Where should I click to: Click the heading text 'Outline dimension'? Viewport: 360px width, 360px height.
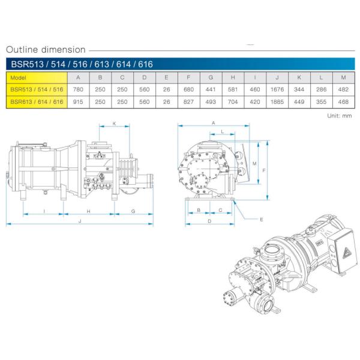tap(45, 50)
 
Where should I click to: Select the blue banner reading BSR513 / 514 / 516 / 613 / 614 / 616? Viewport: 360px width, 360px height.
tap(74, 64)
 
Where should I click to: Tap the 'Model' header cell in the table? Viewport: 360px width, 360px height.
tap(19, 77)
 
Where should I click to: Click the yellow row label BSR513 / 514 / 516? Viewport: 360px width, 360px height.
tap(35, 89)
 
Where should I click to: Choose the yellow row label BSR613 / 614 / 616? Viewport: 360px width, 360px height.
tap(35, 102)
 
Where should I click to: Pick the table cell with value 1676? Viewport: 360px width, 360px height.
tap(277, 89)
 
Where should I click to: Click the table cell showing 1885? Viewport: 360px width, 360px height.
tap(277, 102)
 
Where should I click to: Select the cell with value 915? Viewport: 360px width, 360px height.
tap(78, 102)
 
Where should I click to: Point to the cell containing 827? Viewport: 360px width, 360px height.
tap(188, 102)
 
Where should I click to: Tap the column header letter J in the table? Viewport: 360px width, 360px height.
tap(277, 77)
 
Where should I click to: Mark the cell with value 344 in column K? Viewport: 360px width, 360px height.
tap(299, 89)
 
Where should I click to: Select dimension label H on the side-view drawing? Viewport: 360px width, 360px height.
tap(89, 211)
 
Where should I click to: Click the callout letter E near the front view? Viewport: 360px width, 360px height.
tap(262, 220)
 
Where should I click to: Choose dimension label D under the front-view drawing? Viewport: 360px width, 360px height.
tap(208, 221)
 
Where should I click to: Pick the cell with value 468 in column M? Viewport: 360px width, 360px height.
tap(343, 102)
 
